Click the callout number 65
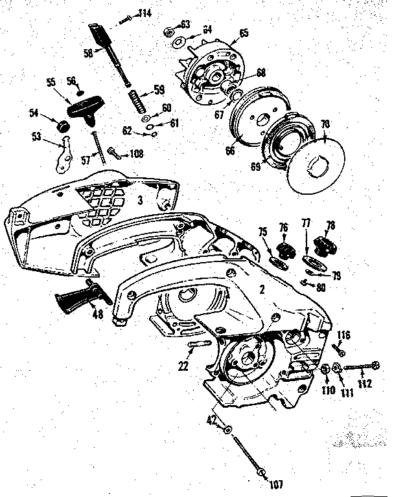tap(244, 32)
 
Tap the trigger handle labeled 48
tap(78, 300)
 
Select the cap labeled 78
tap(322, 245)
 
